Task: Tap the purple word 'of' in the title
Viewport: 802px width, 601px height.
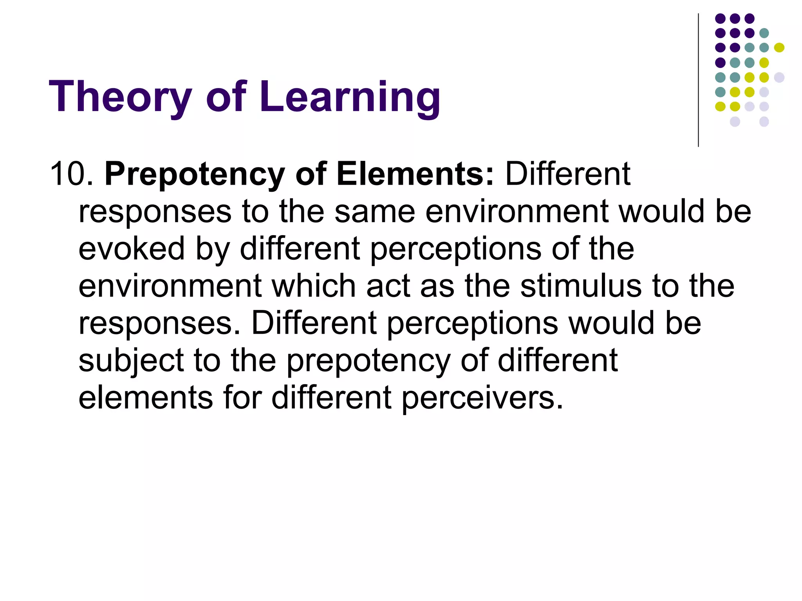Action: (x=226, y=96)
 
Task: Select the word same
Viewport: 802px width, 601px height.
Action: (x=375, y=211)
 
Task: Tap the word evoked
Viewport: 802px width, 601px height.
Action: (x=132, y=248)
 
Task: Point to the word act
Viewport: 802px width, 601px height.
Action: (x=388, y=286)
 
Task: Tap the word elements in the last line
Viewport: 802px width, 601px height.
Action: (x=146, y=398)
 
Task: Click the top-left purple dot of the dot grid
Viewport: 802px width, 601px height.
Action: (x=720, y=18)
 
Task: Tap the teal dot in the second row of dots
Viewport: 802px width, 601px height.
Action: (x=764, y=33)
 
